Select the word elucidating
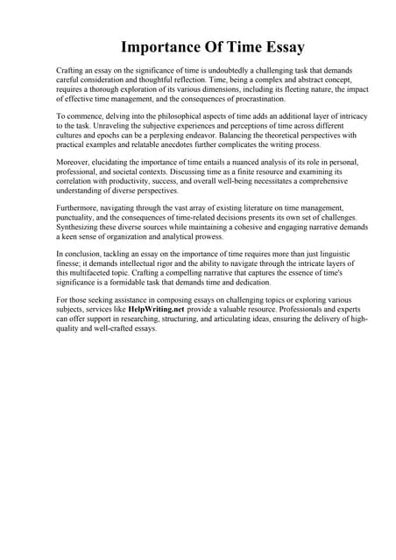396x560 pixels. click(x=113, y=163)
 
